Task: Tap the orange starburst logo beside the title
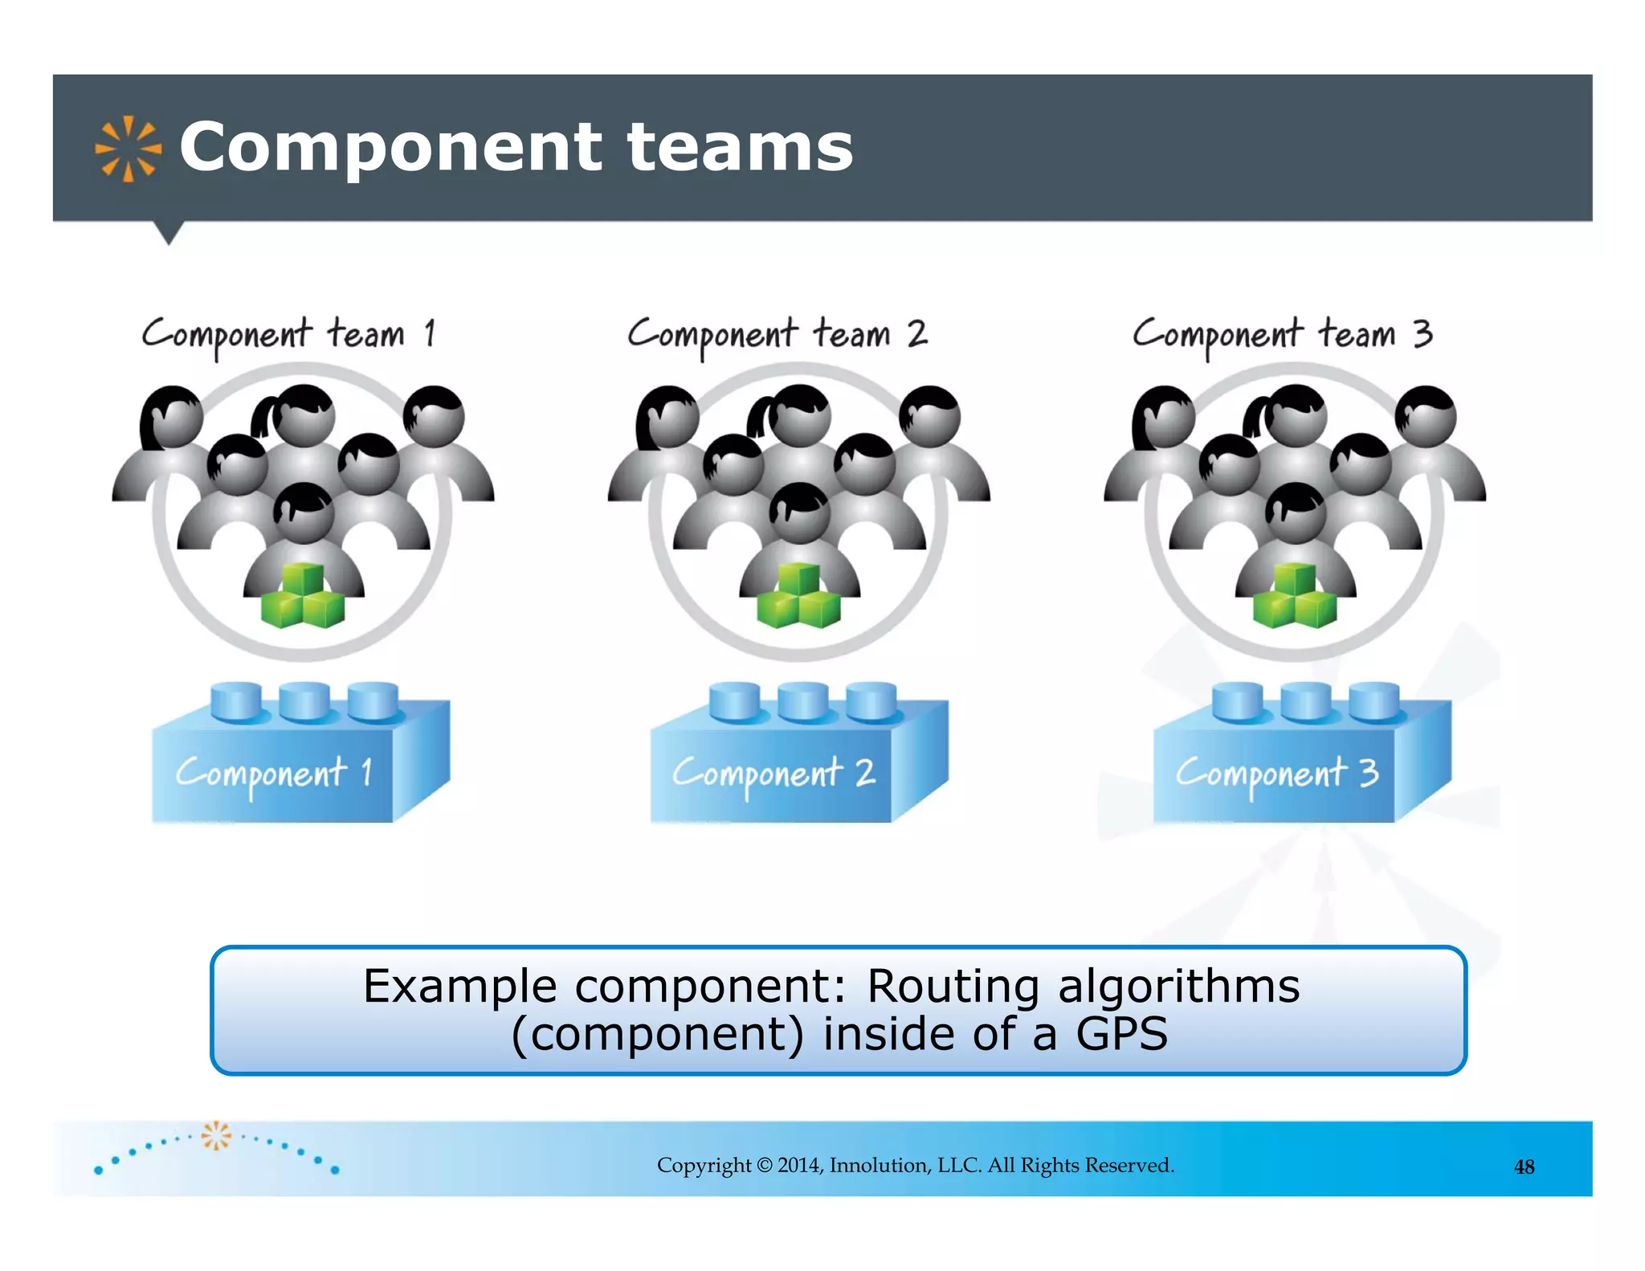(128, 149)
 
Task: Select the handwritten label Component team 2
(778, 334)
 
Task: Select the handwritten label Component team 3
(1282, 334)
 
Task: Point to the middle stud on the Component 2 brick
(803, 701)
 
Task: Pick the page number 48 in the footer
(1524, 1167)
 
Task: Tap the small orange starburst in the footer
(215, 1135)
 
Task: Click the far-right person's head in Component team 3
(1427, 416)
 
